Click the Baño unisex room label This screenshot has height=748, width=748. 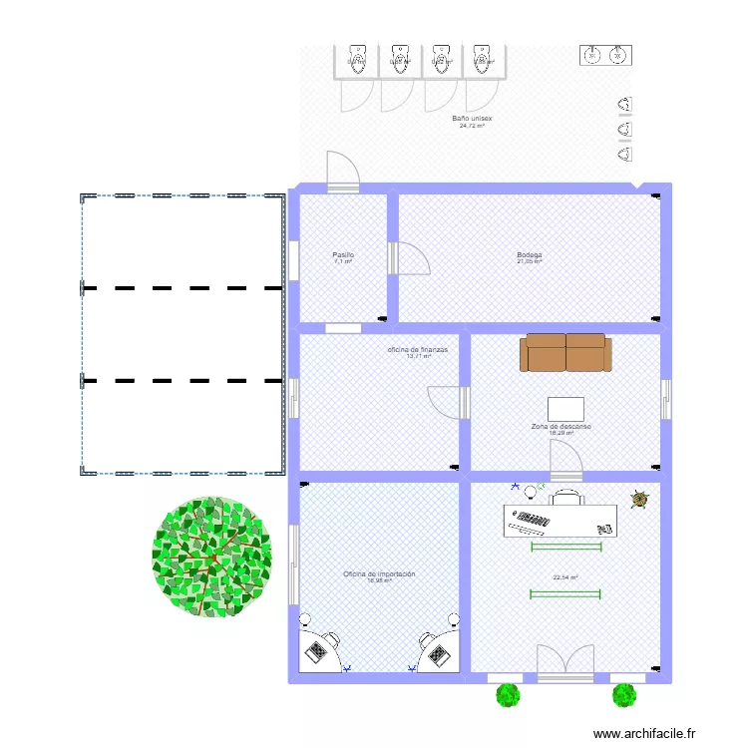click(x=472, y=119)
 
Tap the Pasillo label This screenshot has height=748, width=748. click(x=343, y=255)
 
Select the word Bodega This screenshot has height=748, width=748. click(x=529, y=255)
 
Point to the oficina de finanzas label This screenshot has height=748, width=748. click(x=418, y=350)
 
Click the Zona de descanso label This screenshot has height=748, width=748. click(x=561, y=426)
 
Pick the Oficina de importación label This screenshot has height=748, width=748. click(x=379, y=574)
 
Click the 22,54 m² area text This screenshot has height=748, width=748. click(x=565, y=576)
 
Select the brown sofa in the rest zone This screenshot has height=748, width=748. click(x=565, y=352)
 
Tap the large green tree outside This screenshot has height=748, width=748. click(x=211, y=556)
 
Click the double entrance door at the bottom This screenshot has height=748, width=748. click(x=565, y=664)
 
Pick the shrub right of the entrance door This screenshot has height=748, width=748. click(x=624, y=694)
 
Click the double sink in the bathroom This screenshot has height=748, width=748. click(x=605, y=54)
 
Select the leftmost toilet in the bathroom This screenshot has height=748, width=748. click(x=357, y=59)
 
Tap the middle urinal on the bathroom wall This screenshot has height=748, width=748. click(x=625, y=130)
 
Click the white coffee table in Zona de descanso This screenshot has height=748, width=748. click(x=565, y=409)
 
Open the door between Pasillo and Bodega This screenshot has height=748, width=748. click(x=412, y=258)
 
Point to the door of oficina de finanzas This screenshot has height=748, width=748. click(x=447, y=402)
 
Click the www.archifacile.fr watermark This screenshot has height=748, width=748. click(x=642, y=734)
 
